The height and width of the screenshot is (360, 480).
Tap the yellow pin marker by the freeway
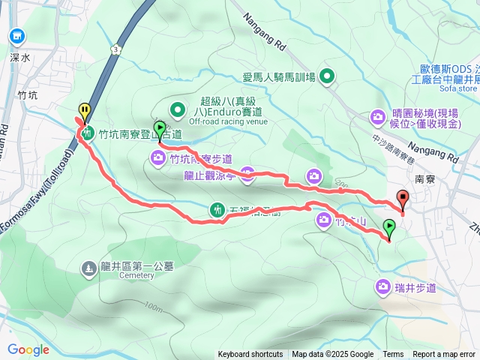pos(85,112)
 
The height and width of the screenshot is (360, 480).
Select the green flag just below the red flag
pos(389,226)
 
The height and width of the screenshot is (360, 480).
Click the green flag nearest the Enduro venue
pos(159,129)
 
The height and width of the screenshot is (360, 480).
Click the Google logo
pos(28,349)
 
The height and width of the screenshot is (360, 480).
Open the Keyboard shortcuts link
pos(250,355)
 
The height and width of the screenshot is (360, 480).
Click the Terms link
pos(393,355)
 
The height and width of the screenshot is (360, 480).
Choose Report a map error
pos(445,355)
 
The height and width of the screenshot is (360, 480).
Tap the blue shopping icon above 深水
pos(17,35)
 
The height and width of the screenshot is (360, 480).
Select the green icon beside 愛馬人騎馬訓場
pos(327,75)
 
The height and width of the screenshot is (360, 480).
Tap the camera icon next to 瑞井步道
pos(384,286)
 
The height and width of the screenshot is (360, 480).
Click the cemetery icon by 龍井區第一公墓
pos(88,267)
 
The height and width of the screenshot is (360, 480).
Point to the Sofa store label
pos(458,88)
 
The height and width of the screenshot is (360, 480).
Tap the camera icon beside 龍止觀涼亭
pos(247,175)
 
